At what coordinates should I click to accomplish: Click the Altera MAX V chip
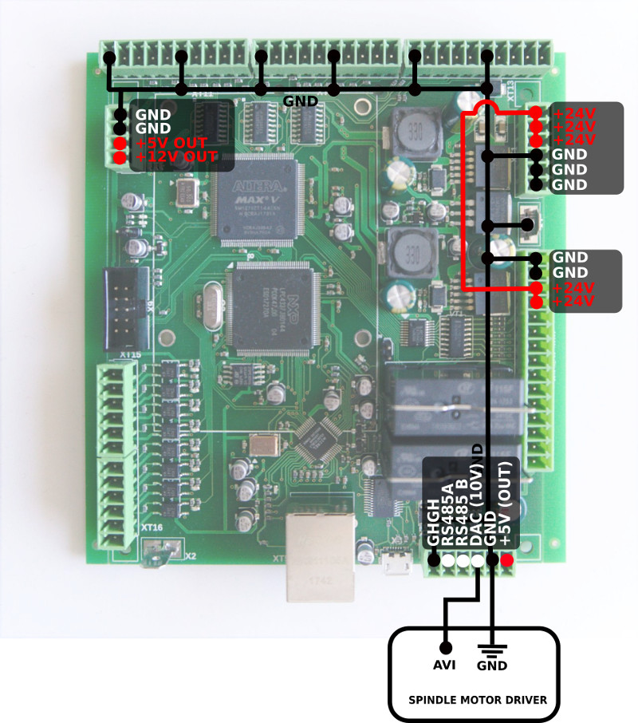pyautogui.click(x=254, y=200)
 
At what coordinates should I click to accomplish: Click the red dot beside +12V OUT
pyautogui.click(x=120, y=158)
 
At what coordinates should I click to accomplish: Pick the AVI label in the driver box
pyautogui.click(x=446, y=664)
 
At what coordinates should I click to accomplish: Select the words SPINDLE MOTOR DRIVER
pyautogui.click(x=478, y=700)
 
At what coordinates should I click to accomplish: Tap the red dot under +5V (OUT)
pyautogui.click(x=506, y=561)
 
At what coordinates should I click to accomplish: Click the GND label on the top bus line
pyautogui.click(x=301, y=101)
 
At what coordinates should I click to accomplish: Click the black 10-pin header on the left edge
pyautogui.click(x=124, y=304)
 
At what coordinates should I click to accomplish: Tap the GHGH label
pyautogui.click(x=433, y=523)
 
